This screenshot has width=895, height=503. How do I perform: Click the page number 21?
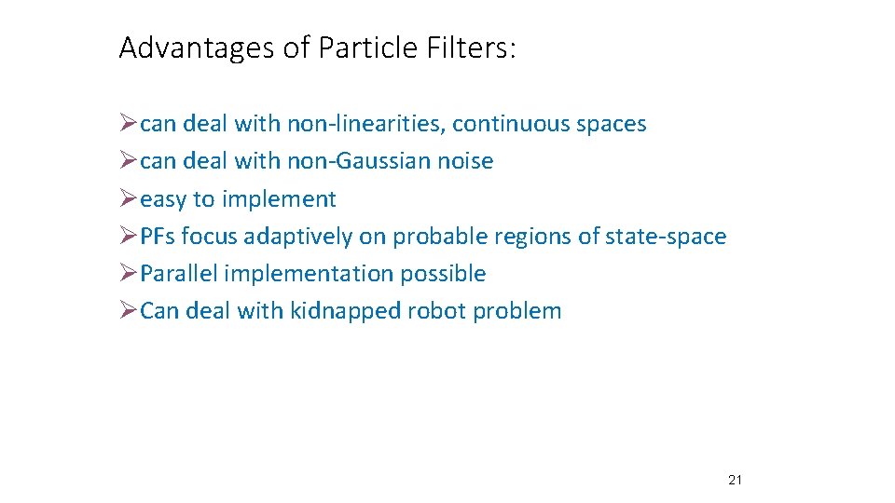click(x=734, y=481)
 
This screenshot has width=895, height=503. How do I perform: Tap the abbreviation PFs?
click(x=158, y=237)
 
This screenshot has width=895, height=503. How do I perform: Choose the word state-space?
click(x=666, y=237)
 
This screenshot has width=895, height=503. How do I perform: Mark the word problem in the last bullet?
click(x=517, y=311)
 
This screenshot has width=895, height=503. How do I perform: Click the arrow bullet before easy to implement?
click(x=129, y=199)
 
